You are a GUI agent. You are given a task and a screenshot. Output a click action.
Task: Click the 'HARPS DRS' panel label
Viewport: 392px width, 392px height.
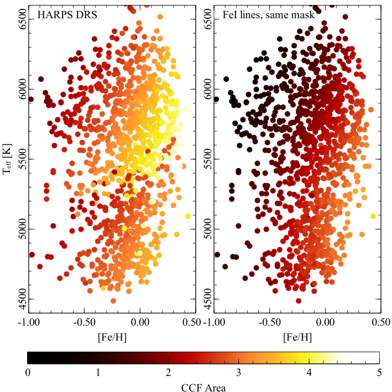tap(67, 15)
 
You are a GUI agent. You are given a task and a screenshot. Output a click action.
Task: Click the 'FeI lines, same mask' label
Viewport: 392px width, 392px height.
tap(269, 15)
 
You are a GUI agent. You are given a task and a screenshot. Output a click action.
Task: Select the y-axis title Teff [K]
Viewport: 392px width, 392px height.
tap(7, 159)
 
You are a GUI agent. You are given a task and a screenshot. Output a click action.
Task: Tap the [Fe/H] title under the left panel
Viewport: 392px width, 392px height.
tap(112, 337)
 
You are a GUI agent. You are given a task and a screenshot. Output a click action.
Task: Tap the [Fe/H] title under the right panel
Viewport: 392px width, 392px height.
tap(297, 337)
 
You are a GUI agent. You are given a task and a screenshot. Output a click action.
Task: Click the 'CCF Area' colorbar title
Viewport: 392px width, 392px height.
tap(203, 388)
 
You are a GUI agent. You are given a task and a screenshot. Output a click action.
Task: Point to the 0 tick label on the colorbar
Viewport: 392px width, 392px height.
tap(28, 373)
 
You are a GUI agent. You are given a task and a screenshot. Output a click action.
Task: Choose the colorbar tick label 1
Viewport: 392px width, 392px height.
tap(98, 373)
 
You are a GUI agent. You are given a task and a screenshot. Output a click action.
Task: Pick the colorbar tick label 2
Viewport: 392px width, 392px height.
tap(169, 373)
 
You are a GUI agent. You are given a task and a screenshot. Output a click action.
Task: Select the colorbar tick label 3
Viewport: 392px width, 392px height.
tap(239, 373)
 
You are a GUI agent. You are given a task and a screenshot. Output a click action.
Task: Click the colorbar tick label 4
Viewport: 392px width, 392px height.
tap(309, 373)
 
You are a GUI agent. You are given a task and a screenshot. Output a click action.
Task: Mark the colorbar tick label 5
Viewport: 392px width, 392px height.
tap(379, 373)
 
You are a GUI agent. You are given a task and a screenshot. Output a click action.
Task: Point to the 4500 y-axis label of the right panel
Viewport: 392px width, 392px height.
tap(208, 299)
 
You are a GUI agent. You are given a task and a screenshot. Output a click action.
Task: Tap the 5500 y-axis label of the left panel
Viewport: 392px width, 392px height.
tap(23, 159)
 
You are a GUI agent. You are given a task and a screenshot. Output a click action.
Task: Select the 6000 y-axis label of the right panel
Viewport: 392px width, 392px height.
tap(208, 89)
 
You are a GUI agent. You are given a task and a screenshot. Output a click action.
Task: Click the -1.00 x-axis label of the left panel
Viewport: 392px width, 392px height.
tap(29, 322)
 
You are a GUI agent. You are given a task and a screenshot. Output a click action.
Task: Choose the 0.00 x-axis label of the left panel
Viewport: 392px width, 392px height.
tap(140, 322)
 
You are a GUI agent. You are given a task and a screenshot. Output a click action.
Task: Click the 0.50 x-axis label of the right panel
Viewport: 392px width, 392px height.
tap(381, 322)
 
